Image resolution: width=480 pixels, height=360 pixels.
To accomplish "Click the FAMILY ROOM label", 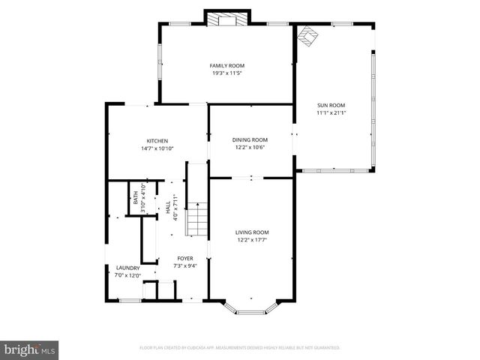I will [x=226, y=66].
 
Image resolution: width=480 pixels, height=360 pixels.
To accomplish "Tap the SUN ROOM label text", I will [x=331, y=106].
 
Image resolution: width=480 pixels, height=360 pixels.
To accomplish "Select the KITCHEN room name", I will [x=157, y=141].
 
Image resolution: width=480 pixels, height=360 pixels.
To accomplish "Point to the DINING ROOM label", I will [x=250, y=139].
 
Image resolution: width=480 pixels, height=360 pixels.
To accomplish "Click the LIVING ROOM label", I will [x=251, y=232].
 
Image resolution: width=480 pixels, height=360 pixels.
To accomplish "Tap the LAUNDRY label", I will [x=127, y=268].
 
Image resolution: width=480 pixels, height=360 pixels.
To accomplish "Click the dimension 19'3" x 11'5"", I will [x=226, y=73].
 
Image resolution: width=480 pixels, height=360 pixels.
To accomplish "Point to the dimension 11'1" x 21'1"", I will [x=331, y=113].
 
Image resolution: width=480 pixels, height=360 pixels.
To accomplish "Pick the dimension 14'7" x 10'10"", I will [x=157, y=148].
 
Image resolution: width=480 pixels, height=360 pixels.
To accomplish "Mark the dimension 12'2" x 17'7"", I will [x=251, y=240].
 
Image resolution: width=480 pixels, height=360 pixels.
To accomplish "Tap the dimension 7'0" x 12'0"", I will [x=127, y=274].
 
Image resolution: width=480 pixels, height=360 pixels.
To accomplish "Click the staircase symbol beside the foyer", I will [x=196, y=219].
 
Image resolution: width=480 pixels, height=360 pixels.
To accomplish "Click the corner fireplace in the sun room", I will [x=307, y=37].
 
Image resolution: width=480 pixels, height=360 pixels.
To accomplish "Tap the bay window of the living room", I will [x=251, y=307].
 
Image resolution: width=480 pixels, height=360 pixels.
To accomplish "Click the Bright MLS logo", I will [x=30, y=349].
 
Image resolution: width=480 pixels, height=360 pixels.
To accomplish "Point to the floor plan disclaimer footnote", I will [x=240, y=348].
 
